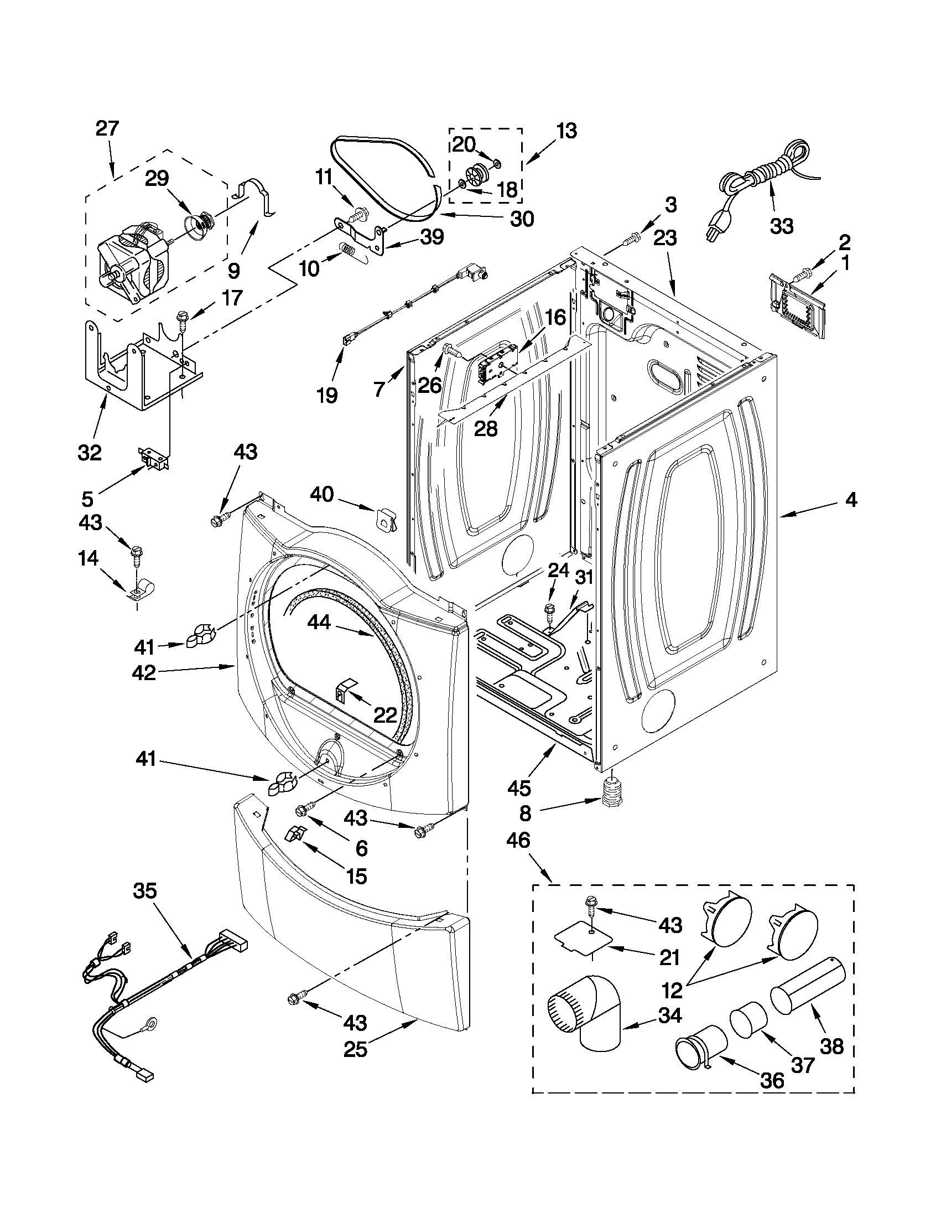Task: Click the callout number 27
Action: [107, 129]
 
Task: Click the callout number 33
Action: [782, 226]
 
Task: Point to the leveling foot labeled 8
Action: [612, 791]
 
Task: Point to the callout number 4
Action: [851, 500]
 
